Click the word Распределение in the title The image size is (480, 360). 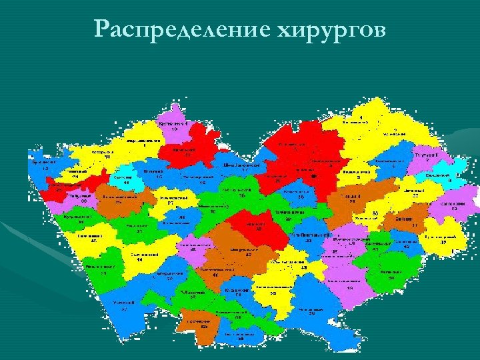click(x=175, y=29)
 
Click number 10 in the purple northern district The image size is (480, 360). click(x=174, y=130)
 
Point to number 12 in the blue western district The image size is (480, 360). click(x=45, y=169)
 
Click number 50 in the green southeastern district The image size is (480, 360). click(x=392, y=278)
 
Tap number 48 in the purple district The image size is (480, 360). click(x=193, y=250)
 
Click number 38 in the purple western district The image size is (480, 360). click(x=85, y=201)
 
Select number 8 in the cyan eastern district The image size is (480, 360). click(x=449, y=181)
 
